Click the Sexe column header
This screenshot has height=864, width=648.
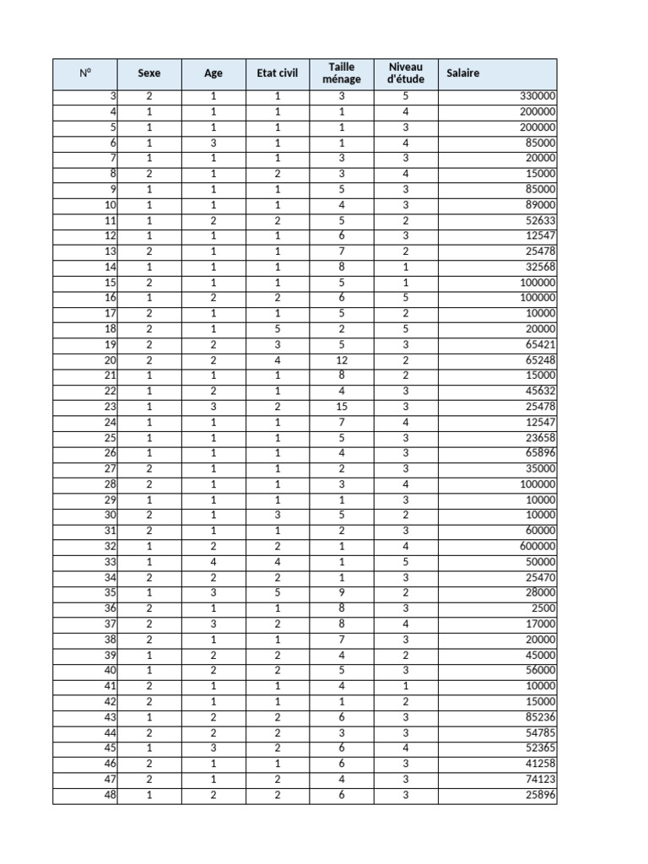(x=148, y=73)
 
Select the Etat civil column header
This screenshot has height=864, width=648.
(x=278, y=73)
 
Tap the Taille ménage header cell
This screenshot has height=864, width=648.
(x=342, y=73)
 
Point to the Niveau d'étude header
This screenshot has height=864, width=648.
(x=406, y=73)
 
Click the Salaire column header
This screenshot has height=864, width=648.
(x=463, y=73)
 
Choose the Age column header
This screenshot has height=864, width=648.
(x=213, y=73)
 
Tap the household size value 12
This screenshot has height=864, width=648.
(x=342, y=360)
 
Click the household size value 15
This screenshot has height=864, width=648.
(x=342, y=407)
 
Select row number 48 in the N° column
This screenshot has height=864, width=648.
(x=111, y=795)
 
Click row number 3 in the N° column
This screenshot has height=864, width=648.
(x=113, y=96)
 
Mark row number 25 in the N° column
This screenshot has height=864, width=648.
(x=111, y=438)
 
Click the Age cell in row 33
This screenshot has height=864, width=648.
(x=213, y=562)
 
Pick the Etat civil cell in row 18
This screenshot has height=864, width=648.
(x=278, y=329)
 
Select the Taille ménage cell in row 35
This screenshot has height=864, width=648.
(x=342, y=593)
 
